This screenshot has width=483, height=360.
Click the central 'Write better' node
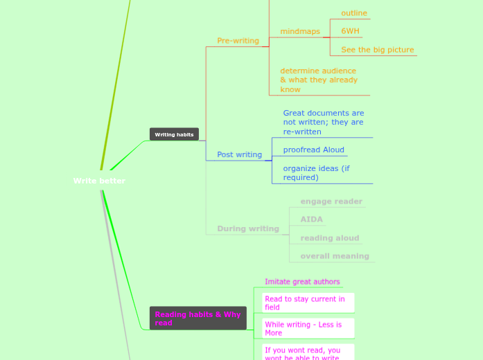click(x=99, y=181)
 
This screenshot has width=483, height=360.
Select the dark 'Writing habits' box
click(x=174, y=134)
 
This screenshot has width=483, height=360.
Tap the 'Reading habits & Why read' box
click(x=197, y=318)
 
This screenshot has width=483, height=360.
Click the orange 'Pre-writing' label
click(x=238, y=41)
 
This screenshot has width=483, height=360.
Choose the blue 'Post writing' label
click(x=239, y=154)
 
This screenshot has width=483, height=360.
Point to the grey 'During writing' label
click(x=247, y=228)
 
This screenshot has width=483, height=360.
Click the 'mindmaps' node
click(x=300, y=31)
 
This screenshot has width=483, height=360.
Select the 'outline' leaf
click(x=353, y=13)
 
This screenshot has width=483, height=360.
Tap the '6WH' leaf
click(x=350, y=31)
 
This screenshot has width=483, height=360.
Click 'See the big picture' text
click(x=377, y=50)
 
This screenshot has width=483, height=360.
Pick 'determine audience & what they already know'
click(x=319, y=80)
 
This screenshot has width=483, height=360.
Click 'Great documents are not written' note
click(x=323, y=123)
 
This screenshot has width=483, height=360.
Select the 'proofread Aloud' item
click(x=313, y=150)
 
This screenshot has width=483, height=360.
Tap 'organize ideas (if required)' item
click(x=316, y=172)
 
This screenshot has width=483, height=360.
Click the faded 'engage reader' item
click(x=331, y=201)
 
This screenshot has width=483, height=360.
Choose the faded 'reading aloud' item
click(x=329, y=238)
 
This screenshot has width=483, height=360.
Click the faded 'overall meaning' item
click(x=334, y=256)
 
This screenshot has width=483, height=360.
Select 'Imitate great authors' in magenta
click(x=302, y=282)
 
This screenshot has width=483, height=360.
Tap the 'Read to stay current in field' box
click(x=304, y=303)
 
